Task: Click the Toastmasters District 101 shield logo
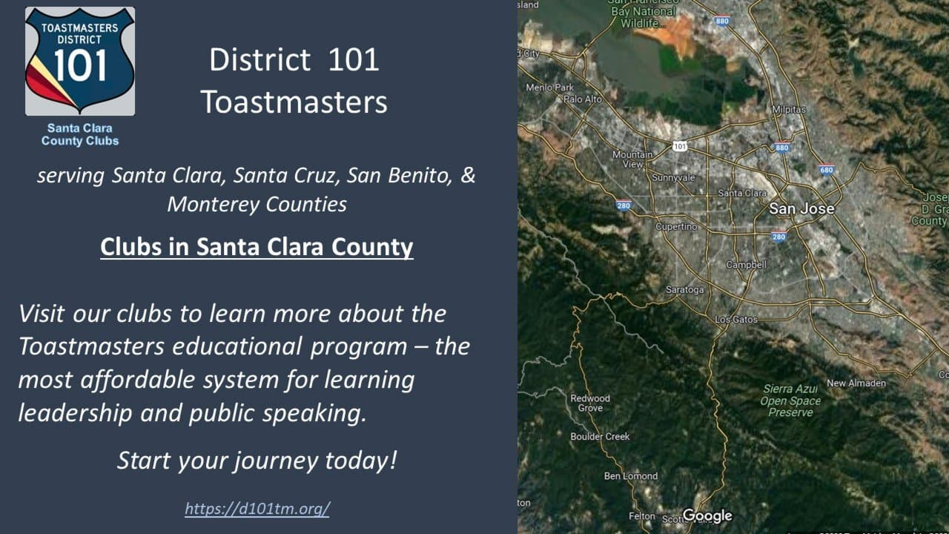(80, 62)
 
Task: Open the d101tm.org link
(257, 509)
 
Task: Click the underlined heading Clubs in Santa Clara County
(257, 246)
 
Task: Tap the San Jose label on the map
(801, 209)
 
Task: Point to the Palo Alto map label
(583, 99)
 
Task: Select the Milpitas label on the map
(788, 109)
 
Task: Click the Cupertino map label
(676, 226)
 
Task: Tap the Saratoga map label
(684, 289)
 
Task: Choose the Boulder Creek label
(600, 437)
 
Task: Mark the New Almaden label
(856, 383)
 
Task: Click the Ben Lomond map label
(631, 476)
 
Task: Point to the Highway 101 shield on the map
(680, 146)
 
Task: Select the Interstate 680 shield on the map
(827, 170)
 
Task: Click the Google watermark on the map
(707, 515)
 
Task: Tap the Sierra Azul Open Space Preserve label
(790, 400)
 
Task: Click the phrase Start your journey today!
(257, 461)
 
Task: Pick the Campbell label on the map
(746, 265)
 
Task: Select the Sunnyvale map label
(673, 178)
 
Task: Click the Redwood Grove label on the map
(590, 403)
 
